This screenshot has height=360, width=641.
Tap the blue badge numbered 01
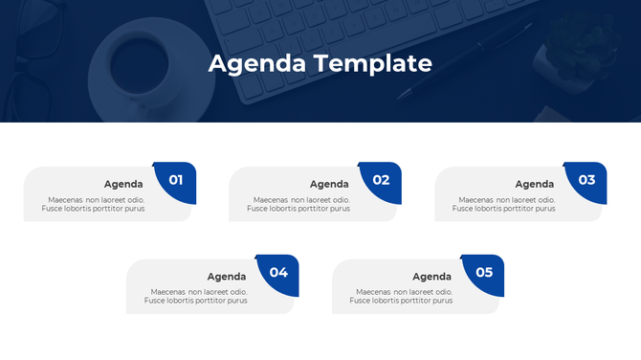click(x=176, y=180)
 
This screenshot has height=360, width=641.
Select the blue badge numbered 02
click(x=382, y=180)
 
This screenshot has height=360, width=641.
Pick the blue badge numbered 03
click(x=586, y=180)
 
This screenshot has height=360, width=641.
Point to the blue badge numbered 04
click(x=278, y=273)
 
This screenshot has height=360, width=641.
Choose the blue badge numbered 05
click(x=484, y=273)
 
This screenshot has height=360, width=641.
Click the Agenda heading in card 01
click(x=123, y=184)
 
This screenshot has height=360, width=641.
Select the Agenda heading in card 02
click(x=329, y=184)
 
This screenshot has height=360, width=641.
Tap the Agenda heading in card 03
click(x=535, y=184)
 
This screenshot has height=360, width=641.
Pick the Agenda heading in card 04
click(x=227, y=277)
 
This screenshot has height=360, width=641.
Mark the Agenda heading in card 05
click(x=432, y=277)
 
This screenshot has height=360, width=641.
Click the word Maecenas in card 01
click(x=66, y=199)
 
